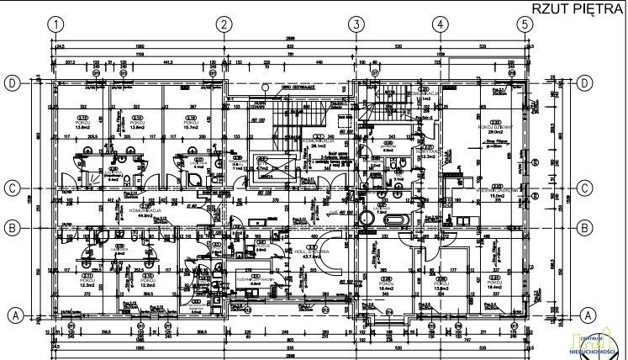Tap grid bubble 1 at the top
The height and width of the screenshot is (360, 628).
tap(56, 24)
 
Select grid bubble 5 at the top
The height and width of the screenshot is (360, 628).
tap(525, 24)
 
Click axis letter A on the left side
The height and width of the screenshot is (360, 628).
tap(13, 315)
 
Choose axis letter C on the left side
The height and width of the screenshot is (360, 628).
tap(13, 188)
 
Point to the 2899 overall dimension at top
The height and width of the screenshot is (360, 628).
tap(289, 40)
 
